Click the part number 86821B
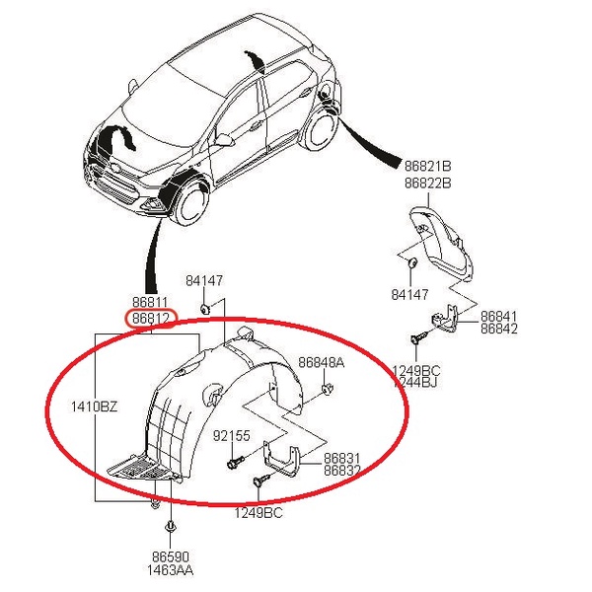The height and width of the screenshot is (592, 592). point(428,166)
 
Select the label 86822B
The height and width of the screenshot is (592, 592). point(428,183)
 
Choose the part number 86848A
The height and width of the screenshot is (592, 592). point(322,363)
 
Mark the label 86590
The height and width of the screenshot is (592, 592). point(170,557)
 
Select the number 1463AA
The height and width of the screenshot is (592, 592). point(170,571)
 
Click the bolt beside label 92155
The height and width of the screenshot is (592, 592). point(232,461)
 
